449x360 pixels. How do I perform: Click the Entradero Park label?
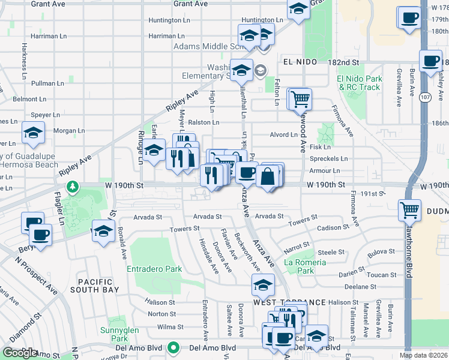[154, 269]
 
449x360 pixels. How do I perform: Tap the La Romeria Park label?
[306, 266]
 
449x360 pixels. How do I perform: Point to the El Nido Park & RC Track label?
[359, 83]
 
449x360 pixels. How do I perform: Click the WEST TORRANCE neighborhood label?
[289, 302]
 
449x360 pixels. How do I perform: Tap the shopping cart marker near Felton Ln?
[300, 99]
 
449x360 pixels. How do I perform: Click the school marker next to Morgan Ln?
[34, 134]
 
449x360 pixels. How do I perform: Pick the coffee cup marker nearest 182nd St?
[430, 61]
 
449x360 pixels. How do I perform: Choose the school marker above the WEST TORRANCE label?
[263, 286]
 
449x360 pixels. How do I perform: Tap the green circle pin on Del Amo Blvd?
[173, 347]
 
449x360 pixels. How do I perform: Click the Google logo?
[19, 353]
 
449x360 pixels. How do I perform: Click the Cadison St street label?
[333, 227]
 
